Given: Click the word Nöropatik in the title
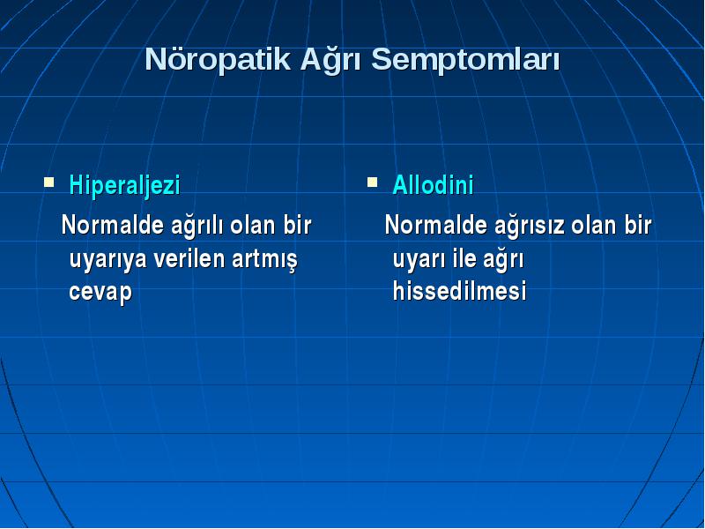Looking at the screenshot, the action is click(218, 59).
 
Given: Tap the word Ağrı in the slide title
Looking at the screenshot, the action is click(330, 58).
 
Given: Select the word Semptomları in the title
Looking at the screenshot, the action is click(465, 60).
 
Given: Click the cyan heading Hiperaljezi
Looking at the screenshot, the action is click(124, 185).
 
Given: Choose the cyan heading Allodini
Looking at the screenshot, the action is click(433, 184).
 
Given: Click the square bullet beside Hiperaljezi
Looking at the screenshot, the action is click(49, 183).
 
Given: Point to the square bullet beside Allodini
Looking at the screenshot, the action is click(372, 183).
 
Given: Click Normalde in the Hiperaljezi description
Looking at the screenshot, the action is click(113, 225).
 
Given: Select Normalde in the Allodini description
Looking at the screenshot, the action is click(435, 225).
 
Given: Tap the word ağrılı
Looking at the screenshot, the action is click(197, 226).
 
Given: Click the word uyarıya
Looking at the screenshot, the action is click(108, 259).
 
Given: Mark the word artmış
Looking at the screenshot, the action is click(265, 260).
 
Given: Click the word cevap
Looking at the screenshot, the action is click(100, 293).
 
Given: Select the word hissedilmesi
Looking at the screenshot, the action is click(459, 290).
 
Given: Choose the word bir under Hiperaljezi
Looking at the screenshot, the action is click(297, 225).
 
